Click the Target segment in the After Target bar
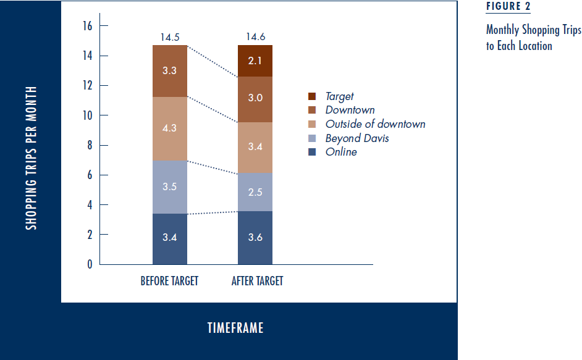(255, 61)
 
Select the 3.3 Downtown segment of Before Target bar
(169, 71)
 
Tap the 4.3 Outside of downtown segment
(169, 128)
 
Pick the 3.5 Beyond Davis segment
(169, 186)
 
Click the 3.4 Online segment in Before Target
(169, 238)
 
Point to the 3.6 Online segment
(255, 238)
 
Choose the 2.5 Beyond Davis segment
(255, 192)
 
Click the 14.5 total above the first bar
(170, 38)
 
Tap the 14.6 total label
(255, 38)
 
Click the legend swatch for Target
(312, 96)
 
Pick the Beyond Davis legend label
(357, 138)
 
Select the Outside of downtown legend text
(375, 124)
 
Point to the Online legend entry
(341, 151)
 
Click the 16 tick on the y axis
(86, 26)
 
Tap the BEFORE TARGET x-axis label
(169, 281)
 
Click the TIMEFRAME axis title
(235, 328)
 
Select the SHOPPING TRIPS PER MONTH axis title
(31, 158)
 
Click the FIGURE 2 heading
(508, 7)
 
